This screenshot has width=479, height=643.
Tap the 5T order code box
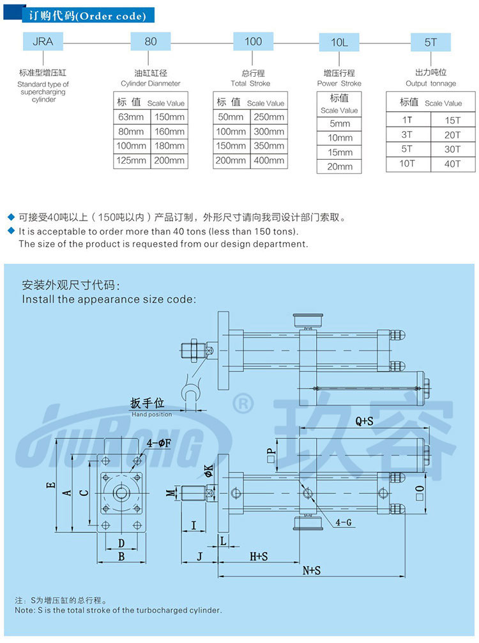[x=430, y=43]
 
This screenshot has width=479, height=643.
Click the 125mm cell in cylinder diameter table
[x=132, y=161]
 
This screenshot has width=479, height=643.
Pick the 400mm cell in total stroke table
[x=268, y=161]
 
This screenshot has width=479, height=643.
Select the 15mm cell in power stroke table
[x=340, y=152]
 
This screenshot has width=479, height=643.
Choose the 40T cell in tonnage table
[x=452, y=164]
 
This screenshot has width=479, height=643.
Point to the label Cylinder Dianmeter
[x=151, y=84]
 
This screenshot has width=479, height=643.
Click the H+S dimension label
[x=258, y=557]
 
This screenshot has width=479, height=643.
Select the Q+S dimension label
[x=364, y=421]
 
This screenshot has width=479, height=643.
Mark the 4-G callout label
[x=344, y=522]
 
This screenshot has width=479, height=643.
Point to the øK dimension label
[x=208, y=471]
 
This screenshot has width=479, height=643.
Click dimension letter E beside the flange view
[x=50, y=486]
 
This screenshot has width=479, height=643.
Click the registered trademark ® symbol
[x=243, y=403]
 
